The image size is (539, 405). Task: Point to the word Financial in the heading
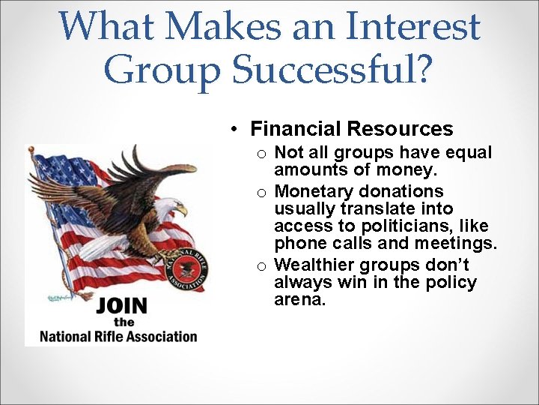click(299, 129)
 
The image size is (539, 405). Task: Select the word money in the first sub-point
click(406, 171)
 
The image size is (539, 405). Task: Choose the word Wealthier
click(314, 265)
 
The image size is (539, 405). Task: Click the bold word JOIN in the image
click(122, 306)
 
